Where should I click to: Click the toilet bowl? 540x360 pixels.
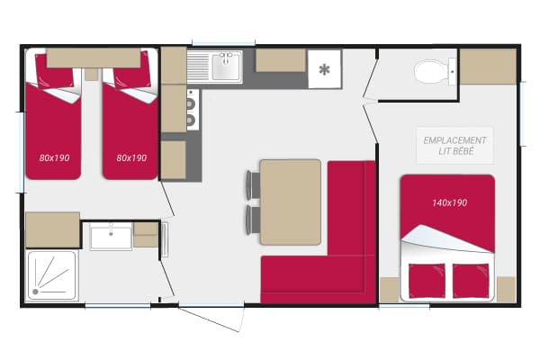pos(430,72)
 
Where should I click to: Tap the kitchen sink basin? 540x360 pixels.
pos(226,67)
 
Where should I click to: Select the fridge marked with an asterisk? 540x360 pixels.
pos(324,69)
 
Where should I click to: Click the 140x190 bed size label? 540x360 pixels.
pos(449,202)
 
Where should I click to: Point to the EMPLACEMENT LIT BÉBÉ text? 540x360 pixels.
pos(454,146)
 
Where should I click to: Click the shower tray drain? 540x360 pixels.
pos(35,292)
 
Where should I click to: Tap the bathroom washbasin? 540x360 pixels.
pos(111,237)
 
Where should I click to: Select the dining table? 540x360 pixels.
pos(291,202)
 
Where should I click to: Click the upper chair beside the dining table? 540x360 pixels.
pos(253,185)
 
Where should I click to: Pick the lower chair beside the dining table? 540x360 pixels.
pos(253,220)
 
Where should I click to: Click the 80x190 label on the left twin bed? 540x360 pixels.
pos(54,157)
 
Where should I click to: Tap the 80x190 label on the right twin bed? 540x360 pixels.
pos(131,157)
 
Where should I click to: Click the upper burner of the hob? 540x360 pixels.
pos(191,103)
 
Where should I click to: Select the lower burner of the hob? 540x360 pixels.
pos(191,120)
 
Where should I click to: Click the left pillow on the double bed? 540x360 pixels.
pos(427,281)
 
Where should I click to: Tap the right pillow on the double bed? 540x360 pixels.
pos(471,281)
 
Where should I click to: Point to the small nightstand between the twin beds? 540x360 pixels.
pos(92,74)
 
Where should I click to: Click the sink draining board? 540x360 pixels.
pos(198,67)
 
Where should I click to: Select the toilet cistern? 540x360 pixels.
pos(452,72)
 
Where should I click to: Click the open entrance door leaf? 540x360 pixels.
pos(209,319)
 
